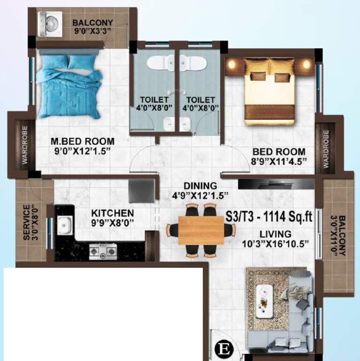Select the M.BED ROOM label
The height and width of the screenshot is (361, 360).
point(83,141)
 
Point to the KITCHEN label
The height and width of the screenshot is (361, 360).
point(112,213)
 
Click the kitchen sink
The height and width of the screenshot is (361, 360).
point(64,225)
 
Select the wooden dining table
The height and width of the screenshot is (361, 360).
point(201,230)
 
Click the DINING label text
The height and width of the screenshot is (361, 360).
point(200,186)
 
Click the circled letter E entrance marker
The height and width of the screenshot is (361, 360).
point(223,350)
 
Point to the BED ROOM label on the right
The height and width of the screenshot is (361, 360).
point(279,152)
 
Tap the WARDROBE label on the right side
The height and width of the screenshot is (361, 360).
point(326,149)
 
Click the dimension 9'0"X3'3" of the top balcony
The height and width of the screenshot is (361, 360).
point(92,33)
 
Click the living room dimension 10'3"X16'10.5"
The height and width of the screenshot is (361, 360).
point(275,243)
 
